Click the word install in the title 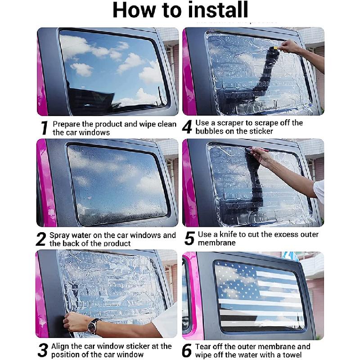tap(218, 9)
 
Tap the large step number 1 tap(44, 128)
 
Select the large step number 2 tap(41, 239)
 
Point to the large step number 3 tap(43, 351)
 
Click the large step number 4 tap(187, 127)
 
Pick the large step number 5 tap(189, 238)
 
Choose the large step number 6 tap(187, 351)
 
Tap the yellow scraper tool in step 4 tap(275, 48)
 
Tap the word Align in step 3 tap(61, 346)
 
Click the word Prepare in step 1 tap(67, 125)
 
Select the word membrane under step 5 tap(217, 243)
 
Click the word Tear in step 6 tap(203, 346)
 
